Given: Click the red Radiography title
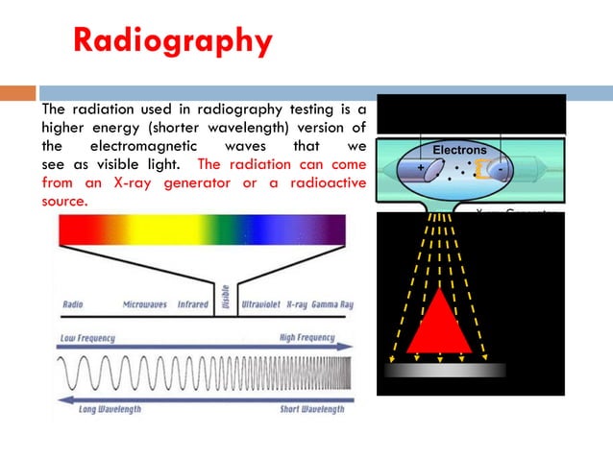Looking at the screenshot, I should [x=172, y=41].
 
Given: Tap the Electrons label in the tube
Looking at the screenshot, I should [x=459, y=151].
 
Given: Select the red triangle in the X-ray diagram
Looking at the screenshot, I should [x=438, y=322].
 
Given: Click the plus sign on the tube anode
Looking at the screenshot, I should [x=420, y=168].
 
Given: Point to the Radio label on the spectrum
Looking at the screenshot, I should [x=72, y=304].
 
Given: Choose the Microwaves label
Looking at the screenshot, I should [x=145, y=304].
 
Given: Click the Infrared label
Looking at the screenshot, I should [x=193, y=304].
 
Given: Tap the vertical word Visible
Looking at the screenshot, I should [x=225, y=299].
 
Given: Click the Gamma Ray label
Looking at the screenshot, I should [x=336, y=304].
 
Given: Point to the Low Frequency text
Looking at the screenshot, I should [x=93, y=338].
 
